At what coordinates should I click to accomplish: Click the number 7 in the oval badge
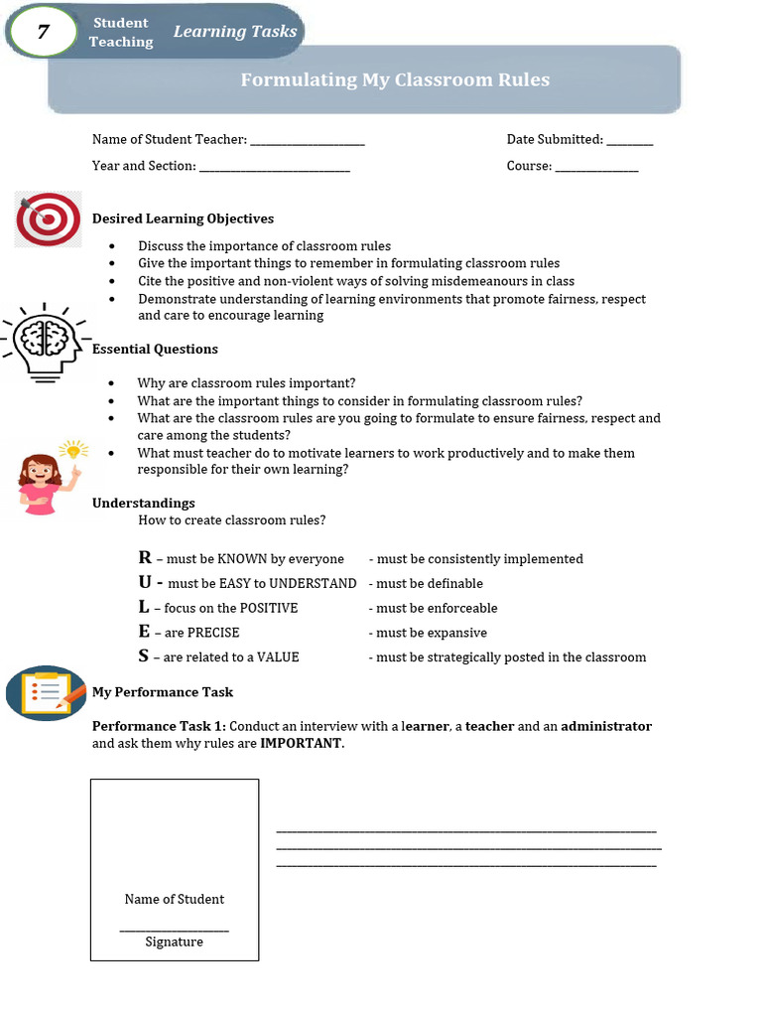43,32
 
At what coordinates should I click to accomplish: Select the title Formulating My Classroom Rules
395,79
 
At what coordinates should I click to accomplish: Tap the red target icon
48,219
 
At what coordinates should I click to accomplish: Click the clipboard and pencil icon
45,692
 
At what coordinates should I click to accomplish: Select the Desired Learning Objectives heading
183,218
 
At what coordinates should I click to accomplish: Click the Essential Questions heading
155,349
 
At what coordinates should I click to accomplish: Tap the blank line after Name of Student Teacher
308,141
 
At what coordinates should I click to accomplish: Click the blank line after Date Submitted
629,141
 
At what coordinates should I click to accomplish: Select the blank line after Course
596,167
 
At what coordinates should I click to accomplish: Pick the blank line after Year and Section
275,167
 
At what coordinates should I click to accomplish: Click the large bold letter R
145,558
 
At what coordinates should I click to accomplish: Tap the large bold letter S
144,655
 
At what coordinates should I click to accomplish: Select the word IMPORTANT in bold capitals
301,743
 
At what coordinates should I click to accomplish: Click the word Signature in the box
175,942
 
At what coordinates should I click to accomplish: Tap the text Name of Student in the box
175,899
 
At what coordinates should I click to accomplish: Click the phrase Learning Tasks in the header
235,32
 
